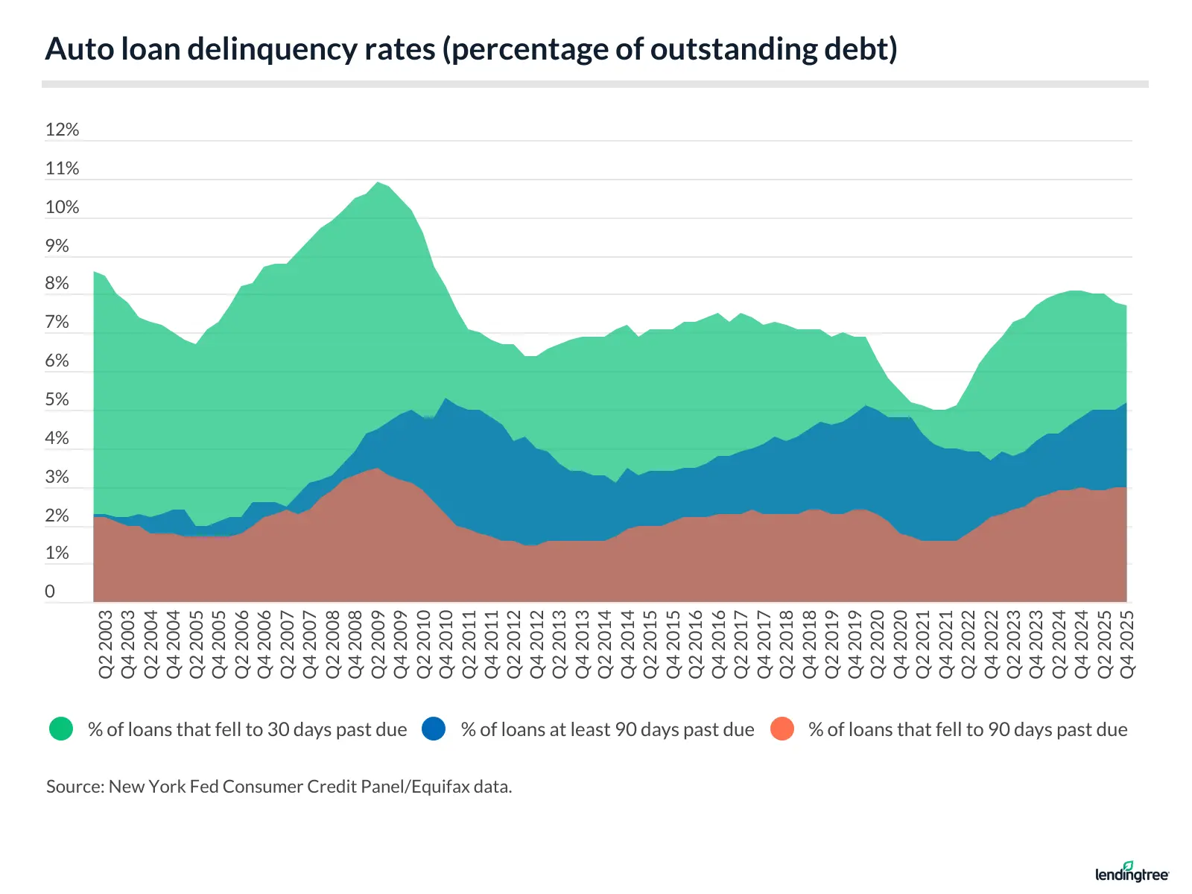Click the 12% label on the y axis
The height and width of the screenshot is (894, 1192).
pyautogui.click(x=62, y=130)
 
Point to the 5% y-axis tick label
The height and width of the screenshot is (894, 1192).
pyautogui.click(x=57, y=400)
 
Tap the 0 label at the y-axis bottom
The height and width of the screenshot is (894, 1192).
pyautogui.click(x=50, y=592)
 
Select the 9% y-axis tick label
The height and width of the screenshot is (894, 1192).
pyautogui.click(x=57, y=247)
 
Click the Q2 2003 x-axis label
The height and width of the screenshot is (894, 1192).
pyautogui.click(x=106, y=644)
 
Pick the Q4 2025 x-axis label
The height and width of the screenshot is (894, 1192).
pyautogui.click(x=1127, y=644)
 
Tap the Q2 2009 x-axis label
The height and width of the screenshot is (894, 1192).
pyautogui.click(x=378, y=644)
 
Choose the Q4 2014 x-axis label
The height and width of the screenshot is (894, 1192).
pyautogui.click(x=628, y=644)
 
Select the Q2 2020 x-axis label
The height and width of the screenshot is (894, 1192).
pyautogui.click(x=878, y=644)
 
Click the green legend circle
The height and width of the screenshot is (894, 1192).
pyautogui.click(x=61, y=729)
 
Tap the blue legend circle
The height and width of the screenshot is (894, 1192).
pyautogui.click(x=434, y=729)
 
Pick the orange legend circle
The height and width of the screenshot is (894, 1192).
pyautogui.click(x=782, y=729)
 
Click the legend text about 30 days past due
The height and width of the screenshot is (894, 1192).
pyautogui.click(x=247, y=729)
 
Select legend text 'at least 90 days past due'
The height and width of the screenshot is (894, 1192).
pyautogui.click(x=607, y=729)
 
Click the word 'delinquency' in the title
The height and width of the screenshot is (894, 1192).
pyautogui.click(x=311, y=49)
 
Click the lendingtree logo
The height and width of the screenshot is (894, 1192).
pyautogui.click(x=1132, y=872)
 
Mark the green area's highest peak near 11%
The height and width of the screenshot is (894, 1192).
pyautogui.click(x=378, y=183)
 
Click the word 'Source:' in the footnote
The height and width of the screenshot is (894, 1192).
pyautogui.click(x=74, y=787)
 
